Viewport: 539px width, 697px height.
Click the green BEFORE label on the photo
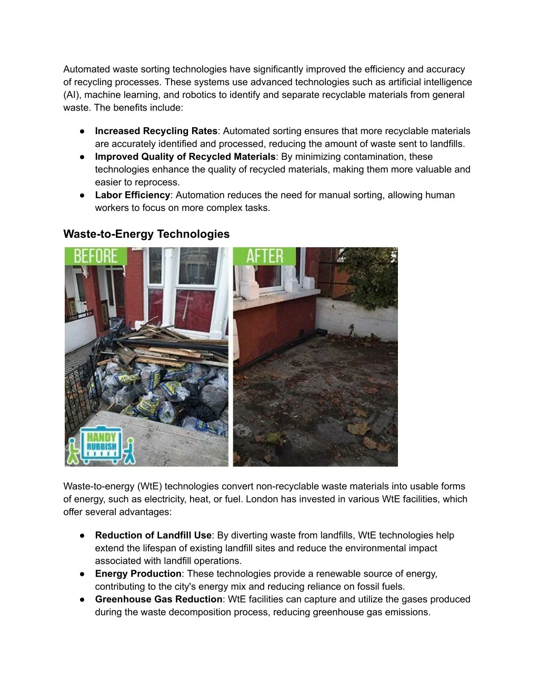(x=95, y=256)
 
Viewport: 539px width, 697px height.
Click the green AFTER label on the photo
(x=264, y=256)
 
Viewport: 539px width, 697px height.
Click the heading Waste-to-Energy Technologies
(x=146, y=234)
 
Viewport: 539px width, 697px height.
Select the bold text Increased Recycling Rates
(x=156, y=131)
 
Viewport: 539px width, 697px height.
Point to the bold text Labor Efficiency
(x=133, y=195)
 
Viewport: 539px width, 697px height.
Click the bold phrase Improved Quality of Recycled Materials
(x=185, y=157)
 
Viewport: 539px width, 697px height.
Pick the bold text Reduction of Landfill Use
(x=153, y=536)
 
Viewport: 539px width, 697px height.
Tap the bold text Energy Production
(x=138, y=574)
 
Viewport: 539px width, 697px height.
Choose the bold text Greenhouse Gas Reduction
(x=158, y=599)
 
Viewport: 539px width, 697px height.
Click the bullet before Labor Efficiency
(x=83, y=195)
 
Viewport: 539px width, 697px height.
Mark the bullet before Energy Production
(x=83, y=574)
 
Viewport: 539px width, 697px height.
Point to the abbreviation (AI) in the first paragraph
(x=72, y=95)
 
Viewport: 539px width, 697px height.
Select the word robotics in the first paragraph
(x=201, y=95)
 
